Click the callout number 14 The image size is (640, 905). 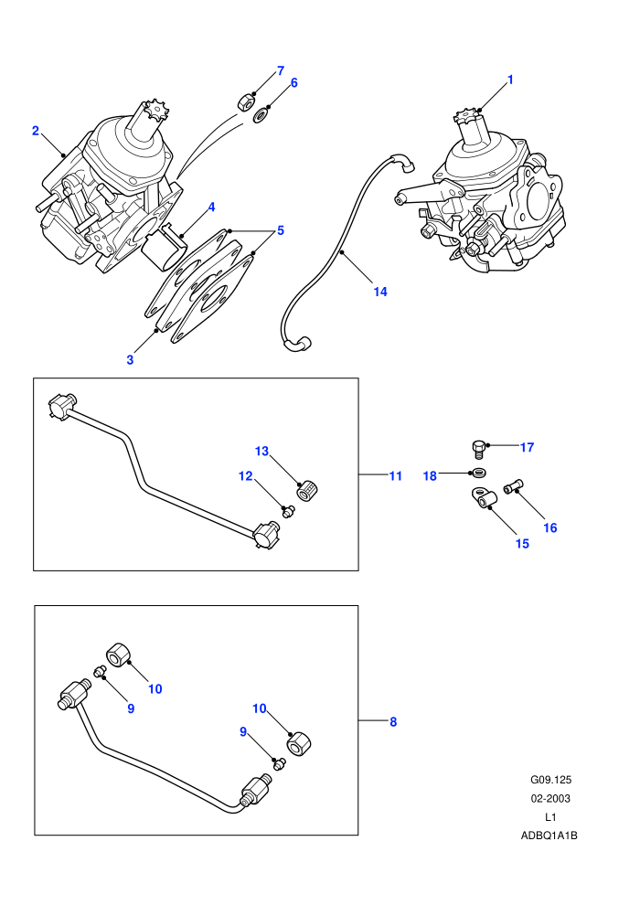[379, 292]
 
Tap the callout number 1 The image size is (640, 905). [510, 80]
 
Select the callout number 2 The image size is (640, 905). [36, 131]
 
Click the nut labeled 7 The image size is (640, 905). [246, 102]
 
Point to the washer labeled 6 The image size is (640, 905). [261, 115]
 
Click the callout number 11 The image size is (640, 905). [395, 476]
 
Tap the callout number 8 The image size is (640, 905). [393, 721]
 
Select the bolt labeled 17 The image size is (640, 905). [478, 448]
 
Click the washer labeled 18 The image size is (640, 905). [478, 473]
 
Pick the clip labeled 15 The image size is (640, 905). [481, 497]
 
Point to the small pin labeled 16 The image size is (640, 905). [513, 487]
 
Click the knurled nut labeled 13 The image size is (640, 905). [307, 491]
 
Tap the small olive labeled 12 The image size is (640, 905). [288, 510]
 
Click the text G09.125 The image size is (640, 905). [550, 780]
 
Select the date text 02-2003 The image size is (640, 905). [550, 798]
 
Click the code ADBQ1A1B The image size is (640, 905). [549, 836]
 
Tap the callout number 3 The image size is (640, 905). [130, 359]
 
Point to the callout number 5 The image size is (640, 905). [281, 230]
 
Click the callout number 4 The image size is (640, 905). [212, 207]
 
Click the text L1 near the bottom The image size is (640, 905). [550, 816]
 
